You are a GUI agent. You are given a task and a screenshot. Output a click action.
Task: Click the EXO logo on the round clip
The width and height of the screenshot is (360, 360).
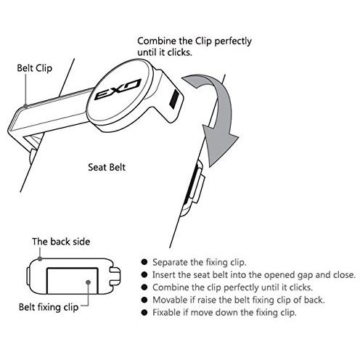(118, 89)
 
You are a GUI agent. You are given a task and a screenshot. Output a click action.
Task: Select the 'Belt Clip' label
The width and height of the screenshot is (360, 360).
(35, 68)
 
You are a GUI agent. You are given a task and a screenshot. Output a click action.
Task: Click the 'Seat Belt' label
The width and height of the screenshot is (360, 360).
(107, 167)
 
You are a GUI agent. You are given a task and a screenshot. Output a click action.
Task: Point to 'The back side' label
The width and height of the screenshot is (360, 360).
(61, 242)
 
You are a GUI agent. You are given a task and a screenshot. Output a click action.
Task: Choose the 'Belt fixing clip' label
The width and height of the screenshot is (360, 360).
(49, 307)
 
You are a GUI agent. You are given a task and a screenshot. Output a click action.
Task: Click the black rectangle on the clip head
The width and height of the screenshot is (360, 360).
(174, 99)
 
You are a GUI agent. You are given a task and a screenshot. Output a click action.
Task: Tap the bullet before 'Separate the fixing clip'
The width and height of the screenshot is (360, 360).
(144, 262)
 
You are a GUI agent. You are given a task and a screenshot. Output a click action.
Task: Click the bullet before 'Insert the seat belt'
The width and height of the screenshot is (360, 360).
(144, 274)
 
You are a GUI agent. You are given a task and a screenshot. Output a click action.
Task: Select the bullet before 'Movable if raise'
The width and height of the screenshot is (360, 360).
(144, 300)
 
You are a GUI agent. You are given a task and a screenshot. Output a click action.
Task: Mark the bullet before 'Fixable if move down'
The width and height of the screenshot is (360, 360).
(144, 312)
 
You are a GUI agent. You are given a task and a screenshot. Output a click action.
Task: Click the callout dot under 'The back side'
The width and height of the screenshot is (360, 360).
(40, 259)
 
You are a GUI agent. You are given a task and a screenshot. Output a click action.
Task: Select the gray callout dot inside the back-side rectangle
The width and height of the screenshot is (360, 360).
(89, 282)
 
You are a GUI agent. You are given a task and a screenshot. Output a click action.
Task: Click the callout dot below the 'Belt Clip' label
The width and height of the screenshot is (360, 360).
(25, 106)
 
